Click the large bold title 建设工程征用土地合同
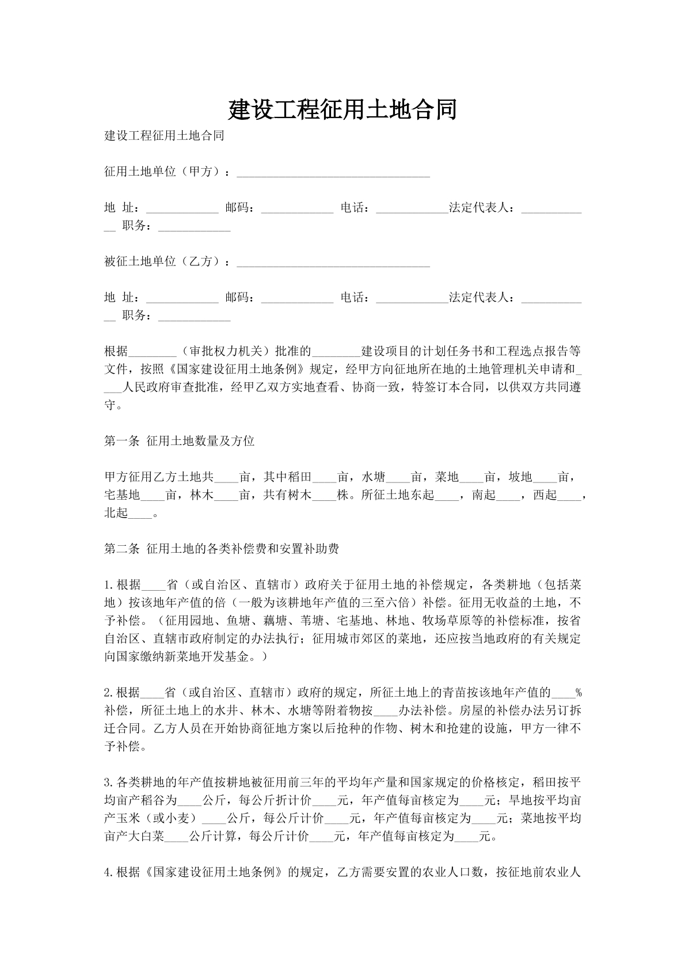342,109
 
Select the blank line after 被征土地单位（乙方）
333,263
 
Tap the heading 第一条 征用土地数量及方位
179,442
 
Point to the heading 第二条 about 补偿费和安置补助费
221,549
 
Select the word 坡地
521,477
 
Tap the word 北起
116,513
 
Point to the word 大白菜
146,836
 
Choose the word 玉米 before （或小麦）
128,818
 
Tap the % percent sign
579,693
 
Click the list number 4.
107,872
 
